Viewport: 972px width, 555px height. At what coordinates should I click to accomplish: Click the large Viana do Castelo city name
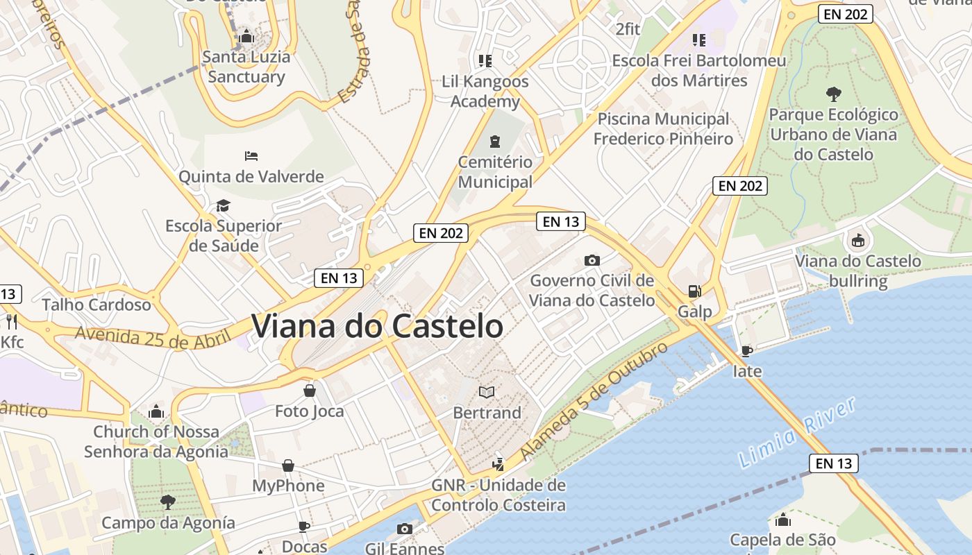click(x=377, y=326)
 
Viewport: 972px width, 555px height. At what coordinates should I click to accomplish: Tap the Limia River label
click(x=797, y=434)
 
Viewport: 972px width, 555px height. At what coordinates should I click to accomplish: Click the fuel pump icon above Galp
click(x=694, y=291)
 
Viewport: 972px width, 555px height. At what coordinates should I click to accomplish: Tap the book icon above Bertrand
click(x=487, y=393)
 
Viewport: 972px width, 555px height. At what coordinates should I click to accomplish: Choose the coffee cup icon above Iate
click(x=747, y=351)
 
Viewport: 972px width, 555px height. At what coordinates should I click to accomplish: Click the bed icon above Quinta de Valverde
click(x=251, y=156)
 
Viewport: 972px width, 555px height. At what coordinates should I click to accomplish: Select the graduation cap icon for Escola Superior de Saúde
click(x=223, y=205)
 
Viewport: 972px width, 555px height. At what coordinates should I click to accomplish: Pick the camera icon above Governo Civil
click(x=592, y=260)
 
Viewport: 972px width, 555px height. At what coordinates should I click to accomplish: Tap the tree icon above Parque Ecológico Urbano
click(x=833, y=94)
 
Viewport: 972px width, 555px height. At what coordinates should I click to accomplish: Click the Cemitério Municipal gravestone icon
click(x=494, y=142)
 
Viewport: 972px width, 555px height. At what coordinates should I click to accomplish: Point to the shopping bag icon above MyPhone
click(x=288, y=465)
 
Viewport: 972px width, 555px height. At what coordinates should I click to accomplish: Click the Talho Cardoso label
click(x=97, y=305)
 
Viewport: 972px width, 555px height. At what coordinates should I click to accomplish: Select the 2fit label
click(x=628, y=29)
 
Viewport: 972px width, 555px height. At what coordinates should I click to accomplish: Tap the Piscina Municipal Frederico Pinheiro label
click(x=663, y=129)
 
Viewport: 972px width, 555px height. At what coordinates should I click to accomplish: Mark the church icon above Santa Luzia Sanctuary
click(x=246, y=36)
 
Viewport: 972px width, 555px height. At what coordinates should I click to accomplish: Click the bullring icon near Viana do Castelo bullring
click(x=858, y=241)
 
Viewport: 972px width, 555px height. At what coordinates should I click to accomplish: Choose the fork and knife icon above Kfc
click(x=11, y=321)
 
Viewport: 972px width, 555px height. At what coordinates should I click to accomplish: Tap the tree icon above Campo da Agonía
click(x=167, y=502)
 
